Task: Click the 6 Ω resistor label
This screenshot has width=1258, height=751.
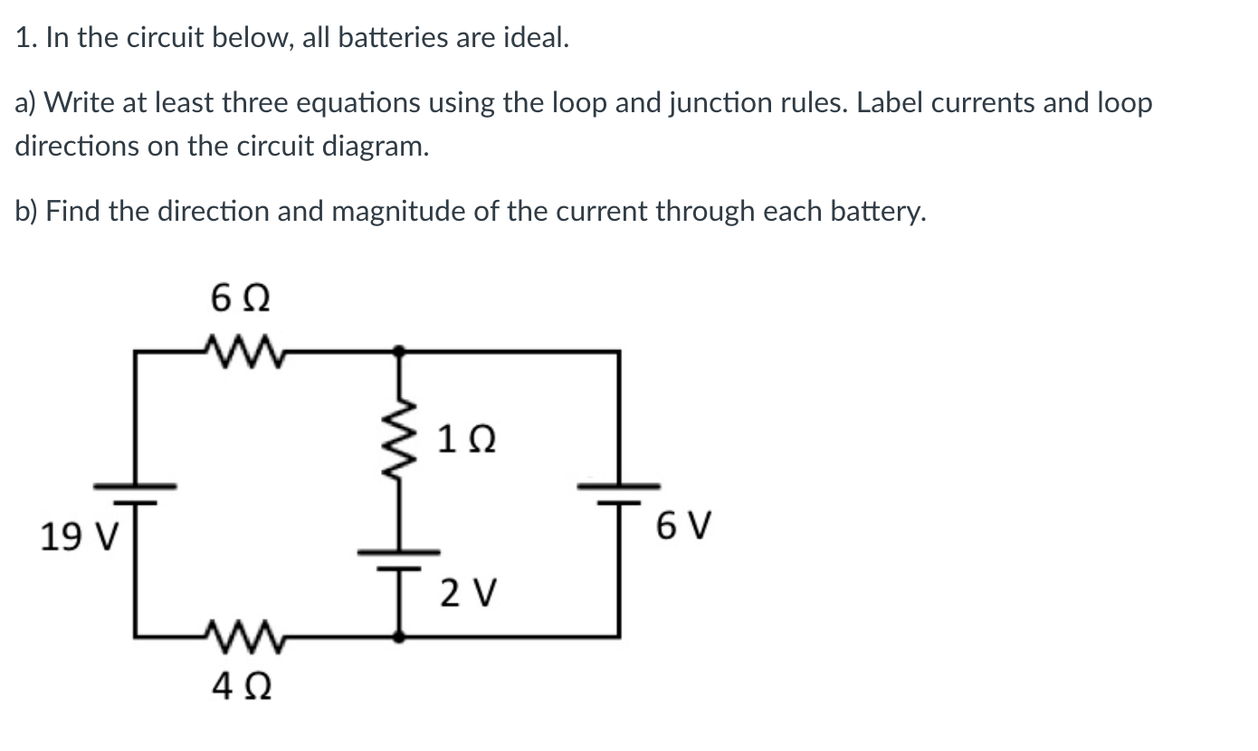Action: pyautogui.click(x=241, y=298)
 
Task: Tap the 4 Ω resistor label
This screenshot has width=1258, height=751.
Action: pyautogui.click(x=241, y=689)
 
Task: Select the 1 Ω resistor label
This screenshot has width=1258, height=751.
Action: pyautogui.click(x=465, y=441)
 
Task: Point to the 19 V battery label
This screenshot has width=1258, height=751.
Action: pyautogui.click(x=78, y=537)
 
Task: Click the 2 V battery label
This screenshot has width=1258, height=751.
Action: pyautogui.click(x=469, y=594)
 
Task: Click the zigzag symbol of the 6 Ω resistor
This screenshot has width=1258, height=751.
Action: pyautogui.click(x=241, y=348)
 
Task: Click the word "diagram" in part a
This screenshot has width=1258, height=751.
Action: pyautogui.click(x=367, y=147)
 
